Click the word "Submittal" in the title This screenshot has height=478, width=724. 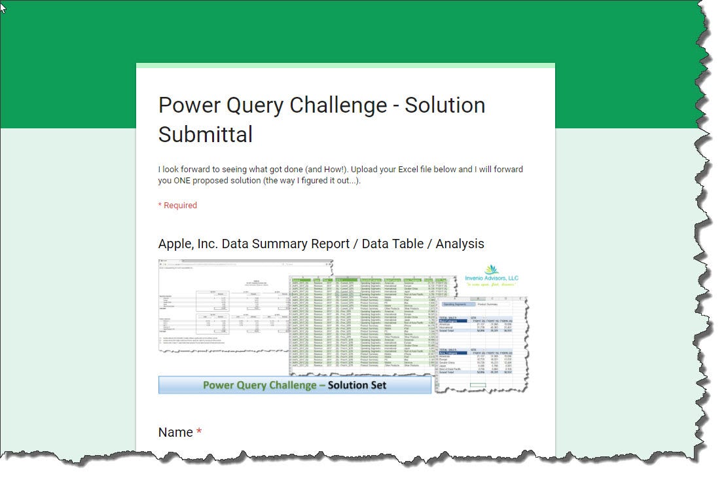tap(206, 134)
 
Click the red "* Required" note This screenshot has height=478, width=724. tap(177, 205)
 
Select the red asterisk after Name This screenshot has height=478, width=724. tap(199, 432)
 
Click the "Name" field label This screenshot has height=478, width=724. tap(175, 432)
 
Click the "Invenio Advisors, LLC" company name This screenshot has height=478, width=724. tap(491, 278)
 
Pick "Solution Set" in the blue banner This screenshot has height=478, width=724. tap(357, 385)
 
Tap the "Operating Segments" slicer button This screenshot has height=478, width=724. tap(458, 304)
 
